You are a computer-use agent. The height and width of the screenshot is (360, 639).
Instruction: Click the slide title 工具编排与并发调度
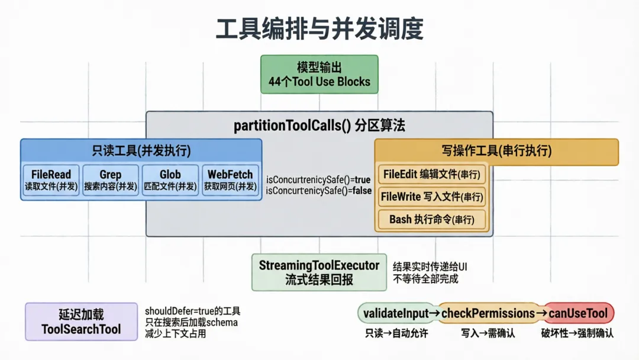tap(319, 28)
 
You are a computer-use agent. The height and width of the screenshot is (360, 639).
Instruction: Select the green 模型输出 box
tap(319, 75)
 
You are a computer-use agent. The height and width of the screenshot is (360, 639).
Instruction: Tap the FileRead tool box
tap(51, 180)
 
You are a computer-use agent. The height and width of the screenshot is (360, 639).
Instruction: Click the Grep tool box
tap(111, 180)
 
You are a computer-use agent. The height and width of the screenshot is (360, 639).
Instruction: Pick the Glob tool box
tap(170, 180)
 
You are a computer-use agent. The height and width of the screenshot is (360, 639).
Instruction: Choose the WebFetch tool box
tap(230, 180)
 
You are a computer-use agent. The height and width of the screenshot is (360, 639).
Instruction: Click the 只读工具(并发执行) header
tap(141, 150)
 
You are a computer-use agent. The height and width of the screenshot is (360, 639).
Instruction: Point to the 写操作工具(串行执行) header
tap(496, 151)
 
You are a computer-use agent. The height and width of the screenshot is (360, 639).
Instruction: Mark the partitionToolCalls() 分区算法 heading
tap(319, 126)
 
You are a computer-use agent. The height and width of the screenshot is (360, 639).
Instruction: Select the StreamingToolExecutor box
tap(319, 272)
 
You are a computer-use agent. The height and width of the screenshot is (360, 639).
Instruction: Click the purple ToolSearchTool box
tap(81, 322)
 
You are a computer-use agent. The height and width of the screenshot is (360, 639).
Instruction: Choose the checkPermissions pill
tap(488, 313)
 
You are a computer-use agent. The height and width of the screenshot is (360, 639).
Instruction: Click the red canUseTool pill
tap(578, 313)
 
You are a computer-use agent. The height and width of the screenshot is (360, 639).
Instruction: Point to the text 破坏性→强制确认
tap(577, 333)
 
